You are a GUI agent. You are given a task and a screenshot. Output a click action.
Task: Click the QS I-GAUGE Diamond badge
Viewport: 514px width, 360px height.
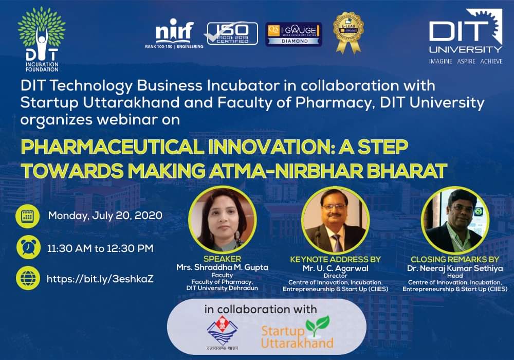(x=293, y=34)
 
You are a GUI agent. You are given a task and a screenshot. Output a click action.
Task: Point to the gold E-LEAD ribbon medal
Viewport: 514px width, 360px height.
(x=348, y=32)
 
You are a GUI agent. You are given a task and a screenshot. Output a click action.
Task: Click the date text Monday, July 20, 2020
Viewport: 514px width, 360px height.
(x=105, y=215)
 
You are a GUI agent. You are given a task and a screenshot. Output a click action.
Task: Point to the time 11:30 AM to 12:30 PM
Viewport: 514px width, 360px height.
(x=100, y=248)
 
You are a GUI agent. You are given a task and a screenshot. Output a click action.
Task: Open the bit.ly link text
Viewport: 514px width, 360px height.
(x=100, y=279)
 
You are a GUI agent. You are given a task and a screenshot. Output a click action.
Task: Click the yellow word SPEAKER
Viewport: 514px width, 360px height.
(x=222, y=259)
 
